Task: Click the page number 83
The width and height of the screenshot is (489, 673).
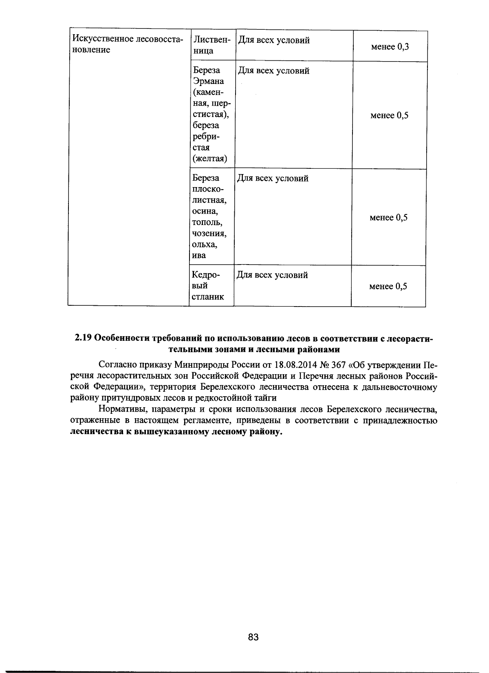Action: click(253, 637)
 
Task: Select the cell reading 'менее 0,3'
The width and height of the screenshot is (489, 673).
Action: click(390, 46)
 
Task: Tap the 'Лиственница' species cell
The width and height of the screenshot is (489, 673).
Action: click(212, 45)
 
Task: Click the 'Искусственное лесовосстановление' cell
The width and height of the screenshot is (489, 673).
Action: click(127, 44)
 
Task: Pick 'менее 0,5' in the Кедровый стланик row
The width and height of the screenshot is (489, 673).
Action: click(388, 286)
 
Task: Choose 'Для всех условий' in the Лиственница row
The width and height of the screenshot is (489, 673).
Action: click(273, 40)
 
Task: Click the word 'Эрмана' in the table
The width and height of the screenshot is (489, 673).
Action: click(208, 81)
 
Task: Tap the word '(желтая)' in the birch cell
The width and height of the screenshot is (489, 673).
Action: click(209, 158)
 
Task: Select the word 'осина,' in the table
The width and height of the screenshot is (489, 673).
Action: click(205, 211)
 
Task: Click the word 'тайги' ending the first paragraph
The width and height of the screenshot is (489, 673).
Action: click(265, 398)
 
